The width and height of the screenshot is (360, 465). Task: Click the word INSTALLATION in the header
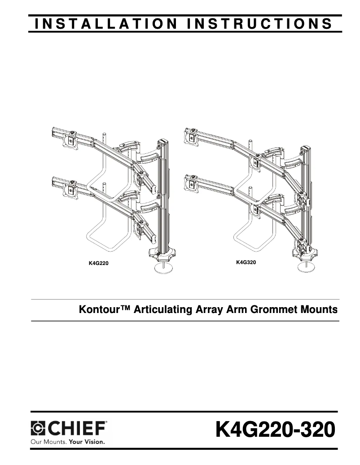coord(104,24)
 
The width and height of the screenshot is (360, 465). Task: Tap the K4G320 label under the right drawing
coord(246,262)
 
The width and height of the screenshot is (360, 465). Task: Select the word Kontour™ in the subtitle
coord(102,309)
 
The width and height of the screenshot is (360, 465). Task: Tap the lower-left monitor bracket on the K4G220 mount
coord(70,189)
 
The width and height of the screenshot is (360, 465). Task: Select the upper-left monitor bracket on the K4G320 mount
coord(192,138)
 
